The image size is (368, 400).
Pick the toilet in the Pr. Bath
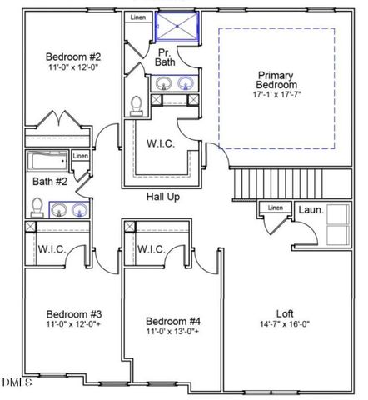tap(137, 104)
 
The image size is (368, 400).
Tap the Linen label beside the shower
tap(138, 17)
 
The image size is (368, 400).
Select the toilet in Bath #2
tap(37, 206)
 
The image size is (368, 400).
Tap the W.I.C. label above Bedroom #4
tap(152, 249)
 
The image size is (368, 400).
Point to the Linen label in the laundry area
tap(275, 207)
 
